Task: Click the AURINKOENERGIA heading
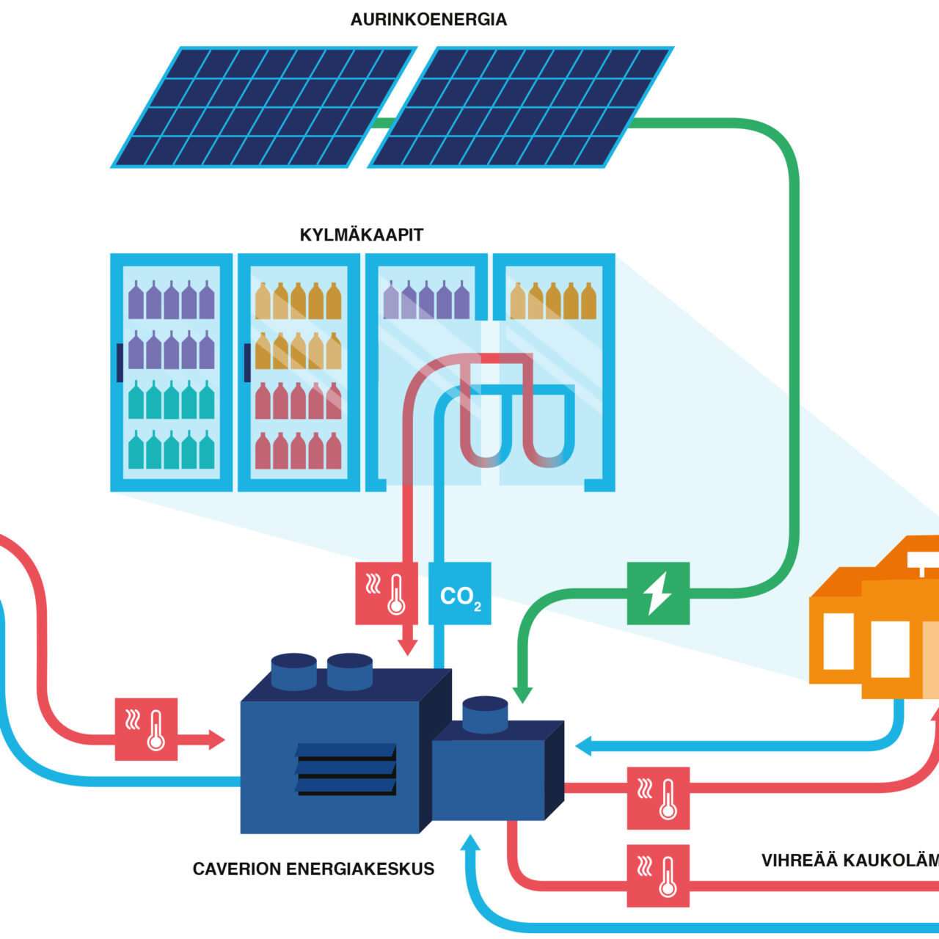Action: click(x=428, y=20)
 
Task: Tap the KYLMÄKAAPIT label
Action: click(x=362, y=235)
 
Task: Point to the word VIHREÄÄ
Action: click(x=799, y=861)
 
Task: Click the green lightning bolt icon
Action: click(x=658, y=593)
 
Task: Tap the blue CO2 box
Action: click(x=460, y=593)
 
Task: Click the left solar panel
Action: click(x=263, y=107)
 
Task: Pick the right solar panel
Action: click(x=520, y=107)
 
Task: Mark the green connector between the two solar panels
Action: click(x=382, y=123)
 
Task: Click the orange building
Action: click(x=873, y=624)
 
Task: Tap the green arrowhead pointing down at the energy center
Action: click(x=522, y=693)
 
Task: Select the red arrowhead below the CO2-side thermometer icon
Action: click(x=407, y=646)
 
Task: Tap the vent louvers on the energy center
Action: click(x=346, y=769)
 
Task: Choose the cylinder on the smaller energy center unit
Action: click(x=485, y=714)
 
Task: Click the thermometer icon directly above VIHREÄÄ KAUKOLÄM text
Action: click(x=658, y=798)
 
